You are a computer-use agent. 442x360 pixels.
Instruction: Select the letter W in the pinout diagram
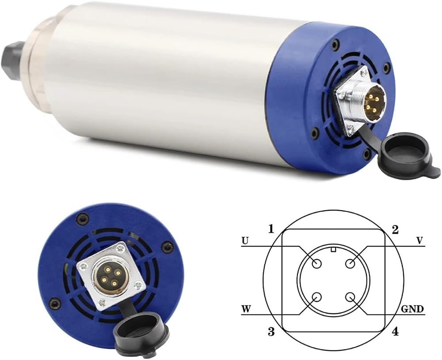click(246, 309)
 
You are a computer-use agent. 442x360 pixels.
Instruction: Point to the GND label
click(412, 309)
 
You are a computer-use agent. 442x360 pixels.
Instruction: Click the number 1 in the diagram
click(271, 229)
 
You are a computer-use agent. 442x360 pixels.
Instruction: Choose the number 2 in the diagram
click(395, 230)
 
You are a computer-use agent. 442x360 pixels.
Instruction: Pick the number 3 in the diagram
click(271, 332)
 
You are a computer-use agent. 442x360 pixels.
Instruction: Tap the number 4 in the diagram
click(395, 332)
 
